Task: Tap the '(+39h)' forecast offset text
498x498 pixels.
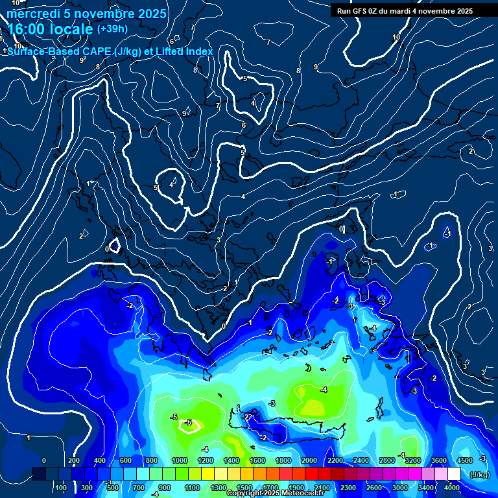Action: point(112,29)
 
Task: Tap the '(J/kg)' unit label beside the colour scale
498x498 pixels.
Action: point(480,475)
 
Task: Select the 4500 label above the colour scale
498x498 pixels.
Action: point(464,460)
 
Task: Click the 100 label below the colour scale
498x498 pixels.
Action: point(62,488)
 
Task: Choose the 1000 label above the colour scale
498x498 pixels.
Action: point(179,460)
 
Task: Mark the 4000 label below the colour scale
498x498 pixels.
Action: point(453,488)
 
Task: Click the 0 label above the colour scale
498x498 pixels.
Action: point(44,460)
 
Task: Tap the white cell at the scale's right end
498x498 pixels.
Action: point(453,474)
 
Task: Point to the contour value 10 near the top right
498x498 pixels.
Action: point(396,38)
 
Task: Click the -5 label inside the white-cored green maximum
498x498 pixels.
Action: point(189,422)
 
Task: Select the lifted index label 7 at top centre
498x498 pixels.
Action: point(268,42)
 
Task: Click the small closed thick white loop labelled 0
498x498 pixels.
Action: point(114,246)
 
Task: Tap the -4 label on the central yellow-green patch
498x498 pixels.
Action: point(324,390)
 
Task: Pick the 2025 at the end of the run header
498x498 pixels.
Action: point(463,11)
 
